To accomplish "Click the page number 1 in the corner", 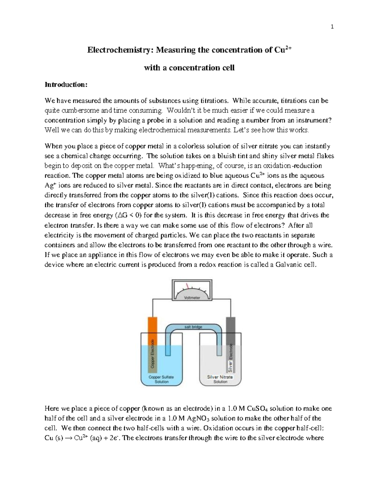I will pyautogui.click(x=332, y=27).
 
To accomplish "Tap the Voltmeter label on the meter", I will pyautogui.click(x=192, y=298).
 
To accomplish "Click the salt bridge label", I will pyautogui.click(x=193, y=327).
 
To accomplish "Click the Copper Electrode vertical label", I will pyautogui.click(x=153, y=354).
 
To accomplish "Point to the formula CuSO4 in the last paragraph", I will pyautogui.click(x=258, y=409).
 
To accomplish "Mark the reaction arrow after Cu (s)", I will pyautogui.click(x=68, y=438).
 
